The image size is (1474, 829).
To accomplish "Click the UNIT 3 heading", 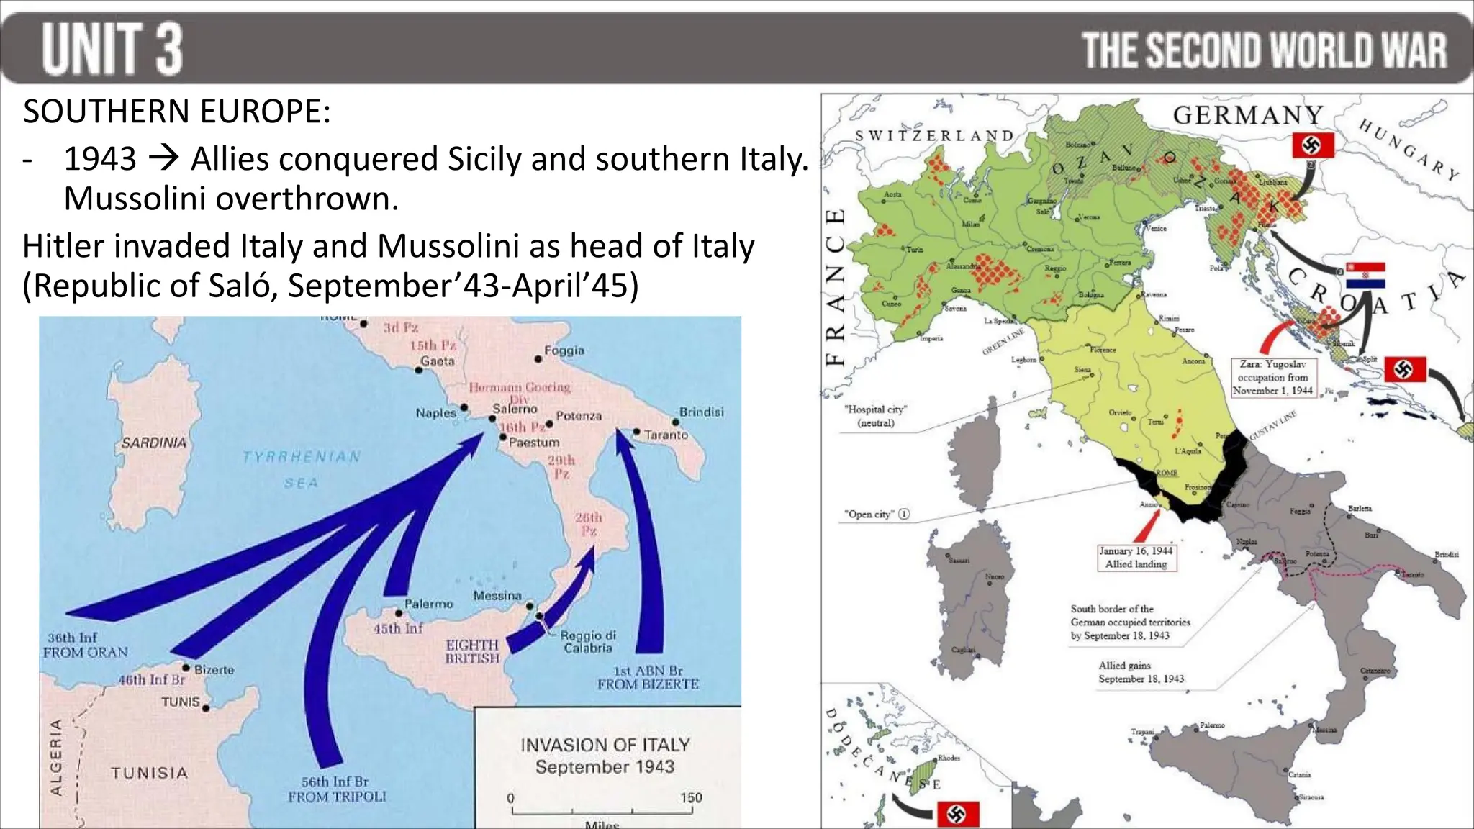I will (x=112, y=49).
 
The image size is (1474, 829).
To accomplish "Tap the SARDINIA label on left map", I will (x=153, y=443).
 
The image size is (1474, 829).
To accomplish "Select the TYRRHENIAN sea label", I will (x=302, y=457).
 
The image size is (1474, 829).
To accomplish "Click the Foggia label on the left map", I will (x=564, y=350).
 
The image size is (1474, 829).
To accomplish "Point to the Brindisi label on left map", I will (x=701, y=412).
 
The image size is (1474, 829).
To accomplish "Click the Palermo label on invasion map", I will (x=428, y=604).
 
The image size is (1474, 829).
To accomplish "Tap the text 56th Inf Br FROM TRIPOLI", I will (x=337, y=789).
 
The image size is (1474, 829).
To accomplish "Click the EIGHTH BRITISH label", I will (x=472, y=651).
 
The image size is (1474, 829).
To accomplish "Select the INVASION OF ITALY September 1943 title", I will (x=605, y=755).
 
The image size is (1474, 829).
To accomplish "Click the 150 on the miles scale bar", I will (x=691, y=797).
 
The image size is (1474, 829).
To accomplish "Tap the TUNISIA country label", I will (x=149, y=773).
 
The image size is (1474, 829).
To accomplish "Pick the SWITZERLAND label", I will (x=934, y=135).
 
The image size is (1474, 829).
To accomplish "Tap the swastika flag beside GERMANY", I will (x=1313, y=145).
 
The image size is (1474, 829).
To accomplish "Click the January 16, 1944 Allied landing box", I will (x=1136, y=558).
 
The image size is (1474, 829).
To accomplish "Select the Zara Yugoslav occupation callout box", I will (x=1272, y=377).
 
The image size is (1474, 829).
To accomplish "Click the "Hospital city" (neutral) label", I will (x=875, y=416).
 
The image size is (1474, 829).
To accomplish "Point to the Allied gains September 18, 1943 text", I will (x=1141, y=672).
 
